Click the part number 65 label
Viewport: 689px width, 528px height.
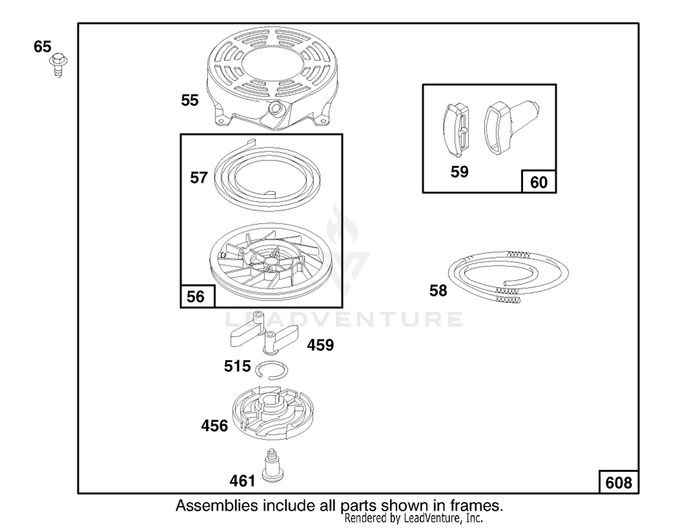coord(42,46)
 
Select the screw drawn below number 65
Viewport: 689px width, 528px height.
coord(59,65)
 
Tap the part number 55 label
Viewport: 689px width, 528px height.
coord(190,101)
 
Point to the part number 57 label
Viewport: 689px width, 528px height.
coord(199,178)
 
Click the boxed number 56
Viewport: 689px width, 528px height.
coord(195,297)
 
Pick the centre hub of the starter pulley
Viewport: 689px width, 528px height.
coord(270,260)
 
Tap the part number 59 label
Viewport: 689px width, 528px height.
coord(459,172)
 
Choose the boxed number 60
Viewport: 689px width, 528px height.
coord(539,183)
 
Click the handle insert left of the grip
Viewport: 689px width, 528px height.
coord(456,130)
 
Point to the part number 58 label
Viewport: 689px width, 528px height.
coord(438,291)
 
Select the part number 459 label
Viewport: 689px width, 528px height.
coord(320,345)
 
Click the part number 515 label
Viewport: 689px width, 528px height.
coord(237,366)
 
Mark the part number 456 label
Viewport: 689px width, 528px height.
coord(215,426)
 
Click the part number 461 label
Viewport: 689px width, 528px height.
coord(243,481)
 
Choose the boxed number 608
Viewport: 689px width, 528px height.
coord(619,483)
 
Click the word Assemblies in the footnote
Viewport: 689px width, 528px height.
coord(217,506)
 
